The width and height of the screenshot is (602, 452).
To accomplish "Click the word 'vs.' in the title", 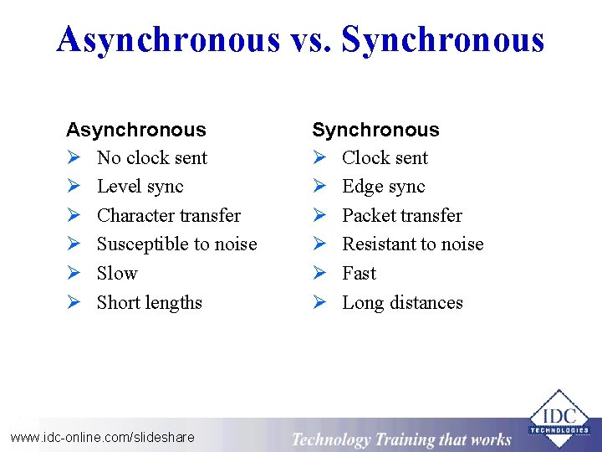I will (x=310, y=39).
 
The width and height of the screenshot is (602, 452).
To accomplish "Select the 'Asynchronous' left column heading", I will (x=135, y=130).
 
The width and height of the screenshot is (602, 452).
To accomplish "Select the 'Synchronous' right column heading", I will (x=375, y=130).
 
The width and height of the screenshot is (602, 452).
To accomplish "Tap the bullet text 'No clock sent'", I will (x=151, y=158).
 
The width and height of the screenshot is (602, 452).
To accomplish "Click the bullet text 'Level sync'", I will (x=140, y=187).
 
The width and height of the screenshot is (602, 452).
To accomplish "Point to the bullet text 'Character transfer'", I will (x=168, y=216).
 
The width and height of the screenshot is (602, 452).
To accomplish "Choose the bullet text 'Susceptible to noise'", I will (x=176, y=244).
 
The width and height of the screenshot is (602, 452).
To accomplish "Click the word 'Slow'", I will (x=117, y=274).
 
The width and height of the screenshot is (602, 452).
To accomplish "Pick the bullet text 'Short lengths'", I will (x=149, y=303).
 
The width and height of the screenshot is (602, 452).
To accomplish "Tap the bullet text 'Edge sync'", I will (x=383, y=187).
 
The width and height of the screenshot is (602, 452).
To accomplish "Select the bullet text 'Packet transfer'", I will (x=401, y=216).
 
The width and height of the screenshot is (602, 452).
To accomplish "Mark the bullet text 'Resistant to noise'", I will (x=412, y=244).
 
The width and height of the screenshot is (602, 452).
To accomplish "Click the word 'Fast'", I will (x=359, y=274).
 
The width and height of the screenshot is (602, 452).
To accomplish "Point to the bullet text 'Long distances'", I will (x=402, y=303).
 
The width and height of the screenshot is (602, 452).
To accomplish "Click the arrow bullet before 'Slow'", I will (x=73, y=274).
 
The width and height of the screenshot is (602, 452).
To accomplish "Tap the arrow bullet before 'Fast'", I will (x=319, y=274).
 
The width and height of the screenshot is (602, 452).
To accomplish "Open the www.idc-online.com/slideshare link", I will (x=102, y=437).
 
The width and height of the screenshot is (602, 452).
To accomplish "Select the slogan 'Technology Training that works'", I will (x=401, y=439).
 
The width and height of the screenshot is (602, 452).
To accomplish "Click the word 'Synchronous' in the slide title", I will (x=443, y=39).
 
